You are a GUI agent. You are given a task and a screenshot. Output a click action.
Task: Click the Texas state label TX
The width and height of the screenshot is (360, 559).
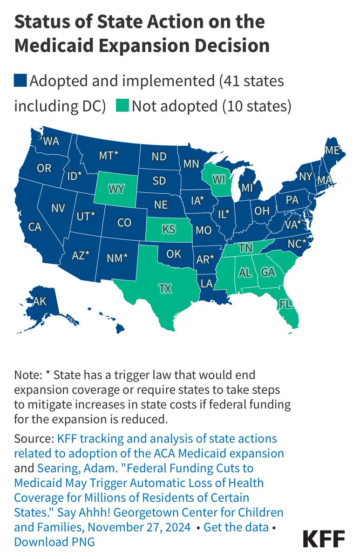pyautogui.click(x=165, y=289)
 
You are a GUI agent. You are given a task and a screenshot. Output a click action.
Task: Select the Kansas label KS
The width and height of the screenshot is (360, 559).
pyautogui.click(x=168, y=230)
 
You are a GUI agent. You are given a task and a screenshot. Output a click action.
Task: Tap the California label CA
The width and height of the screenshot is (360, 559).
pyautogui.click(x=35, y=227)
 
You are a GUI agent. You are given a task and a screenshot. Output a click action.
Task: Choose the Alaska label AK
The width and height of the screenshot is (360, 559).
pyautogui.click(x=40, y=301)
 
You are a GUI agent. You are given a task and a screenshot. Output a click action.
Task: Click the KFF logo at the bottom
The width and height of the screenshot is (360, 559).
pyautogui.click(x=324, y=539)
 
